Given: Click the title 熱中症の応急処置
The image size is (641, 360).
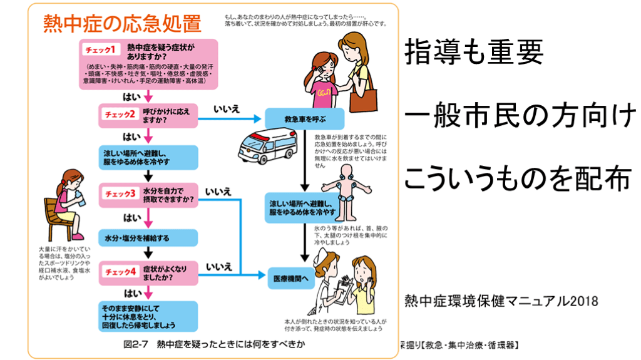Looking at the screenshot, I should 122,24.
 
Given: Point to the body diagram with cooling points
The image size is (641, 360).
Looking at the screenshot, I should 341,189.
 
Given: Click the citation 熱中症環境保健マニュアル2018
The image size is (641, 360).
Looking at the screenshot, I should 501,300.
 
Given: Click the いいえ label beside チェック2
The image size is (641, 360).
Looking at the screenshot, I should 227,109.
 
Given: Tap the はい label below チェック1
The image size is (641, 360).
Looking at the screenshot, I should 131,96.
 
